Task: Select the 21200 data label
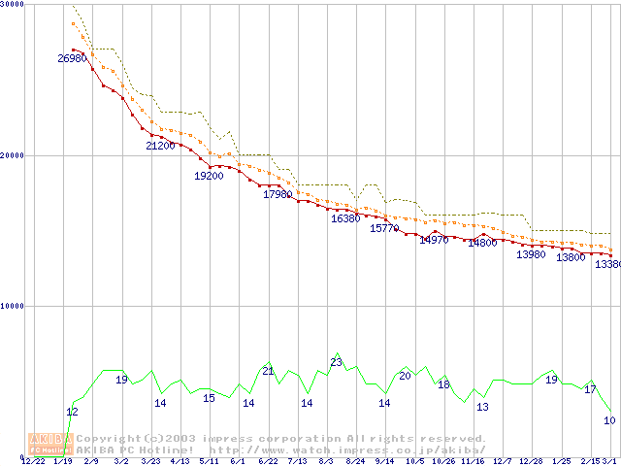coord(161,146)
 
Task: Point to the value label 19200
coord(210,176)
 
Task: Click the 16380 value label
coord(345,218)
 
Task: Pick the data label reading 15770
coord(385,228)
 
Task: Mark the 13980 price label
coord(531,254)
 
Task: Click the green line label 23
coord(337,362)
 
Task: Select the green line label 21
coord(269,371)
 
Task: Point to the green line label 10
coord(609,420)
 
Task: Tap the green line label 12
coord(72,412)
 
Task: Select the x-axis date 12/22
coord(33,461)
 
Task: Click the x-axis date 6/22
coord(269,461)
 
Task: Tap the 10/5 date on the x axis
coord(415,461)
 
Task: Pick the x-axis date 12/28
coord(531,461)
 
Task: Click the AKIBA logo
coord(51,444)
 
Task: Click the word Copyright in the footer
coord(106,438)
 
